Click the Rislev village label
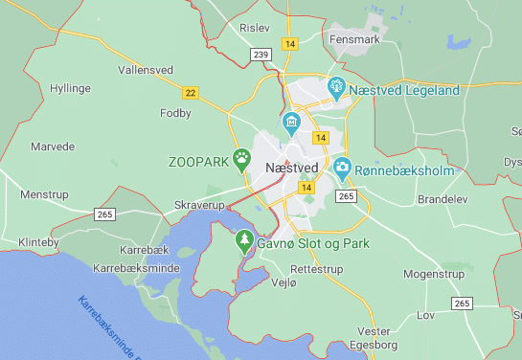click(256, 30)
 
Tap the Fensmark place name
click(353, 41)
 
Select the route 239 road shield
click(261, 56)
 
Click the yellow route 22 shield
click(191, 92)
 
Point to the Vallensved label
click(146, 70)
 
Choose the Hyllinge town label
click(70, 88)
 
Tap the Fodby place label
click(175, 113)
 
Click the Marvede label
click(52, 146)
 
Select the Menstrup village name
click(45, 193)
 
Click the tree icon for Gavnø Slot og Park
click(244, 240)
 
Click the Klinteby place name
click(38, 242)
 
